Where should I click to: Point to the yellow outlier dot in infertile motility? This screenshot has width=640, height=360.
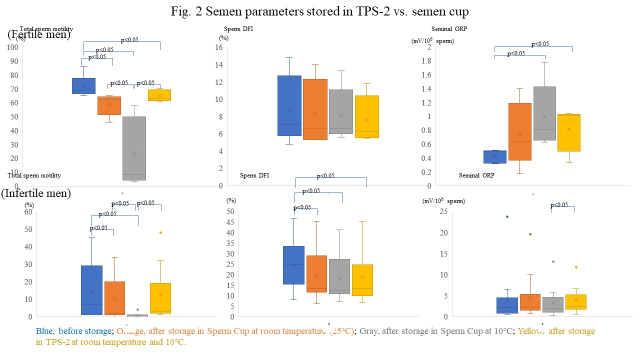click(160, 232)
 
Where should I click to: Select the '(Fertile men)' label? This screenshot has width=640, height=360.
click(39, 34)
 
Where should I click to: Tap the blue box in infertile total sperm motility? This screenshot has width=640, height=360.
click(91, 290)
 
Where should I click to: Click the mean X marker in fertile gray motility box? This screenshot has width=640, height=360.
click(134, 153)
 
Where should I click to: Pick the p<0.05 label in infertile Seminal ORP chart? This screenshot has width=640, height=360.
click(559, 205)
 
